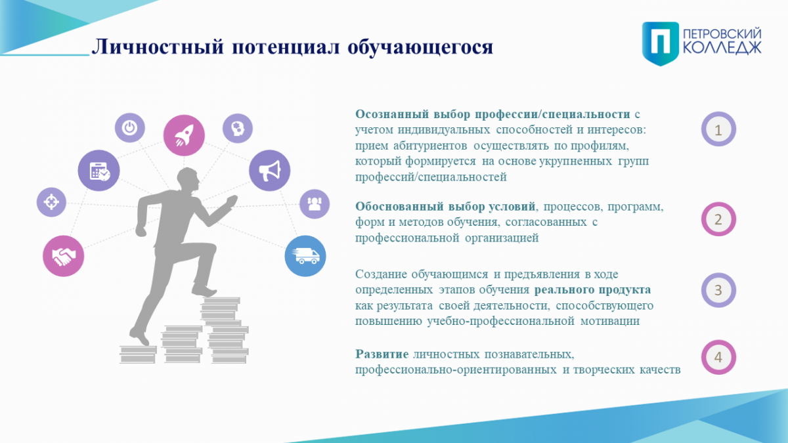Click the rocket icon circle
184,135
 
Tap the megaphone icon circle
270,171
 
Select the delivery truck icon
305,256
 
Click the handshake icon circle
63,256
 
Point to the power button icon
130,127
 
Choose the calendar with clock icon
99,171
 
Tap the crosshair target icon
51,202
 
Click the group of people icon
315,204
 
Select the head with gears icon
238,129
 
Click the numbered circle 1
718,129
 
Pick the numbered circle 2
718,219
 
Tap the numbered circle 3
718,290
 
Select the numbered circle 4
718,357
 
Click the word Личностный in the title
158,47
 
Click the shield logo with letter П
661,43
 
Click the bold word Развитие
382,354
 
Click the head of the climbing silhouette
188,179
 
